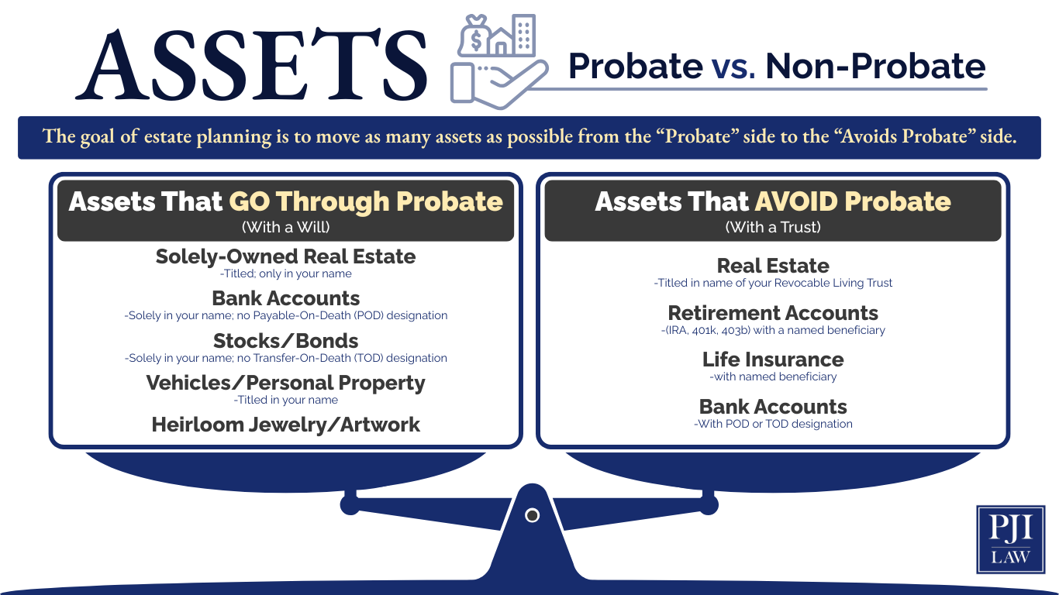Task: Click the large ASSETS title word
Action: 252,65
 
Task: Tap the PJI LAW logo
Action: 1010,539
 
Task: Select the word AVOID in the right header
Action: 795,201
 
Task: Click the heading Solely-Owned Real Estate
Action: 285,256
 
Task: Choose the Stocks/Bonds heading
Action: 285,341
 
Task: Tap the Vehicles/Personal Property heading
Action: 285,383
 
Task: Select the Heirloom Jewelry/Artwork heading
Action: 285,425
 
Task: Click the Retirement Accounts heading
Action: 773,313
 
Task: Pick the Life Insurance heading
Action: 773,359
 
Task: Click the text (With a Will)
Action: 285,227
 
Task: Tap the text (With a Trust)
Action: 773,227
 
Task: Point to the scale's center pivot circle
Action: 532,515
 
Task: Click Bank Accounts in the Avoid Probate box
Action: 773,407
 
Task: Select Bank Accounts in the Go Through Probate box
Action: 285,298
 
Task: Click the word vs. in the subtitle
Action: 733,67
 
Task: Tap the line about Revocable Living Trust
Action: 773,283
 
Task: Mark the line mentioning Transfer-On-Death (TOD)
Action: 285,358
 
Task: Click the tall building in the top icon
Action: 525,35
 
